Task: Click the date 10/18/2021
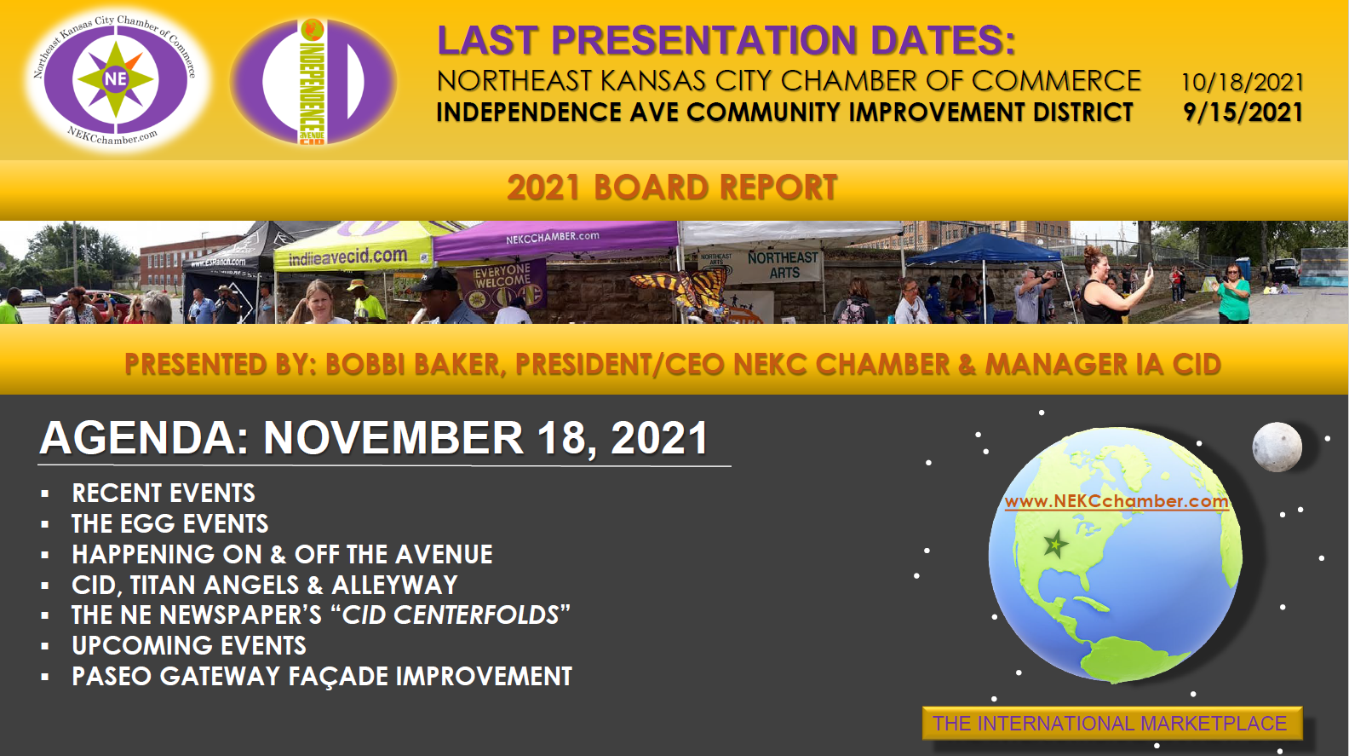(1242, 82)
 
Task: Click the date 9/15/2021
(1243, 113)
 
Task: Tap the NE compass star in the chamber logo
(116, 79)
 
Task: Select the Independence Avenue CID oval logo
(313, 82)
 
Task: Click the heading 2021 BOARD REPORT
(672, 187)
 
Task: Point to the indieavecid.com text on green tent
(348, 257)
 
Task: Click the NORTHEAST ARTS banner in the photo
(783, 265)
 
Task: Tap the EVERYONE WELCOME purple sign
(501, 283)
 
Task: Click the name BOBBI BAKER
(412, 364)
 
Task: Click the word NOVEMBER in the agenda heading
(393, 438)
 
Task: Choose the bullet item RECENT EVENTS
(164, 493)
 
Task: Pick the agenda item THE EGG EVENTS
(169, 524)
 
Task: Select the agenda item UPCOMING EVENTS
(189, 646)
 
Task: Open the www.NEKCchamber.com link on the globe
(1117, 502)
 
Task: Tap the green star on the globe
(1055, 544)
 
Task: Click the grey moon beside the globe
(1277, 447)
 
